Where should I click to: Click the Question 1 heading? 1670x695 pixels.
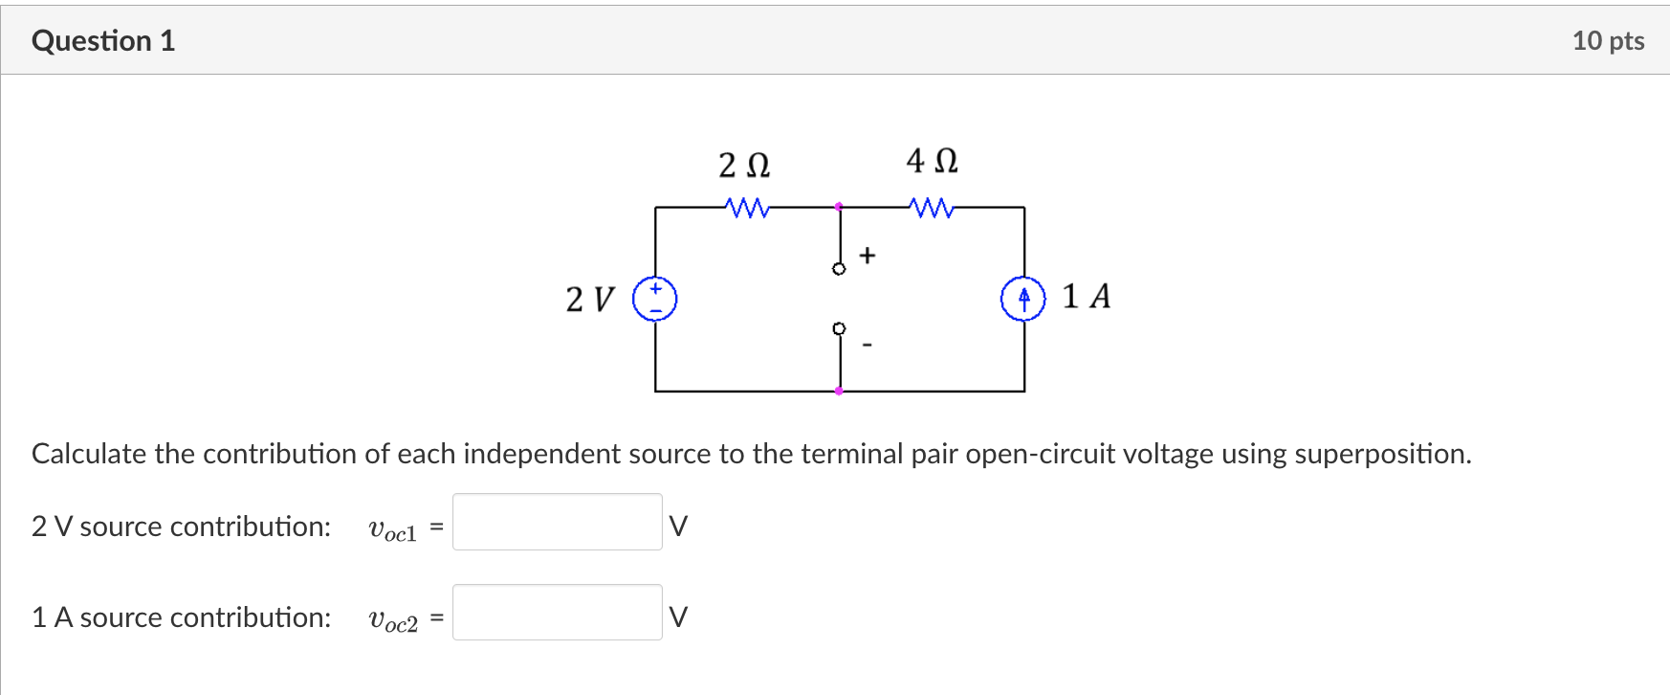(x=103, y=41)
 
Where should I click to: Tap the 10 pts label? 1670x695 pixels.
(x=1608, y=41)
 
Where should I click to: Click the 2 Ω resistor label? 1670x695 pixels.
(x=744, y=166)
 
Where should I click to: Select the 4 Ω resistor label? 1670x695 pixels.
(x=932, y=161)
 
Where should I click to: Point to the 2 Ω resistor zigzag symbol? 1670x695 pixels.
(x=746, y=207)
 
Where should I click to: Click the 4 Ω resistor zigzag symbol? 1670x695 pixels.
(x=932, y=207)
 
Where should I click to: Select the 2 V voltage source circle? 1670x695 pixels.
(x=655, y=299)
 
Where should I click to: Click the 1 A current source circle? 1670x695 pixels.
(x=1023, y=299)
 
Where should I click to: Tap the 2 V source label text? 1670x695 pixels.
(x=589, y=299)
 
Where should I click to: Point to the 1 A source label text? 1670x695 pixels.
(x=1087, y=297)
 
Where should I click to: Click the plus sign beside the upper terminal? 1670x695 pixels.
(x=868, y=256)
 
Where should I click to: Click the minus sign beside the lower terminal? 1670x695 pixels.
(x=868, y=344)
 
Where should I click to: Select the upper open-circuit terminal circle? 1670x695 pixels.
(x=839, y=269)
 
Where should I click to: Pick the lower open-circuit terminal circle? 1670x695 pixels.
(x=839, y=328)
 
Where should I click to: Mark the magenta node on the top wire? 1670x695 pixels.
(x=839, y=207)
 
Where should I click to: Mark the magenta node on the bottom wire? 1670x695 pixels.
(x=839, y=391)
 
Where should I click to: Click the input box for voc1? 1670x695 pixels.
(x=557, y=522)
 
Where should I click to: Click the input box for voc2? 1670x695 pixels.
(x=557, y=613)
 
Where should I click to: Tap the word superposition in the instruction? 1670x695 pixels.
(x=1381, y=454)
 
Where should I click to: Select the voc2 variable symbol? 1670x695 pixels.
(x=393, y=620)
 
